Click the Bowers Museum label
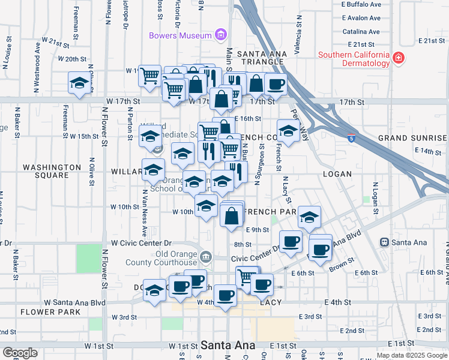(180, 35)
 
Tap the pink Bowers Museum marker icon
(221, 35)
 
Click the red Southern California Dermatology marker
(398, 59)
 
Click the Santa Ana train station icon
(385, 242)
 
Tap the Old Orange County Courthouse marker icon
(206, 257)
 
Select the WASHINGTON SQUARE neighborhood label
(52, 171)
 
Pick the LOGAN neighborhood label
(337, 173)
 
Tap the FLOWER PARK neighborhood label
(50, 312)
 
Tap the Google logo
(20, 353)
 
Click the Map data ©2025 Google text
(411, 355)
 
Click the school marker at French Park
(309, 217)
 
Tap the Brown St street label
(340, 263)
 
